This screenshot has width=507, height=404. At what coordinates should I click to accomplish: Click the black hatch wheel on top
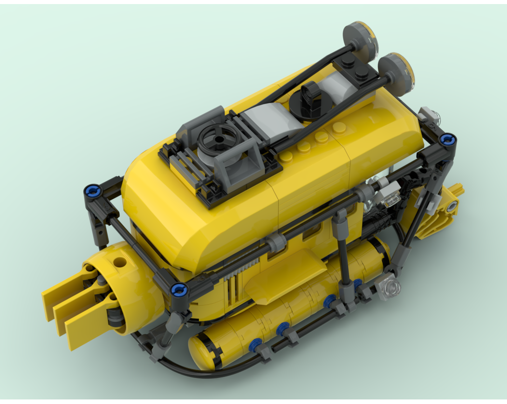pos(219,137)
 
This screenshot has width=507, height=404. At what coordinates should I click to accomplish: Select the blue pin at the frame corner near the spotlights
pos(447,139)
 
